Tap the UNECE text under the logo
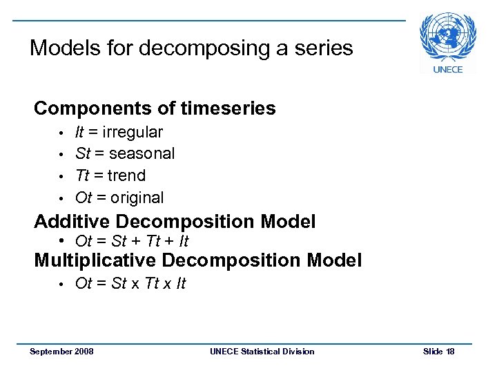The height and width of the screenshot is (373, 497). [447, 69]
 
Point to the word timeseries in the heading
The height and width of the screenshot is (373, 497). [228, 108]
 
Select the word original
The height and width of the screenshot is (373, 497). [137, 198]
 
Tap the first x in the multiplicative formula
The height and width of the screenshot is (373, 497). [135, 284]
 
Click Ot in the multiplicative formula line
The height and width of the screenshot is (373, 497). [84, 283]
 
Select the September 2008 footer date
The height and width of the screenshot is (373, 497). [61, 352]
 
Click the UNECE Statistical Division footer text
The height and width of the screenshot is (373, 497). [262, 352]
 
